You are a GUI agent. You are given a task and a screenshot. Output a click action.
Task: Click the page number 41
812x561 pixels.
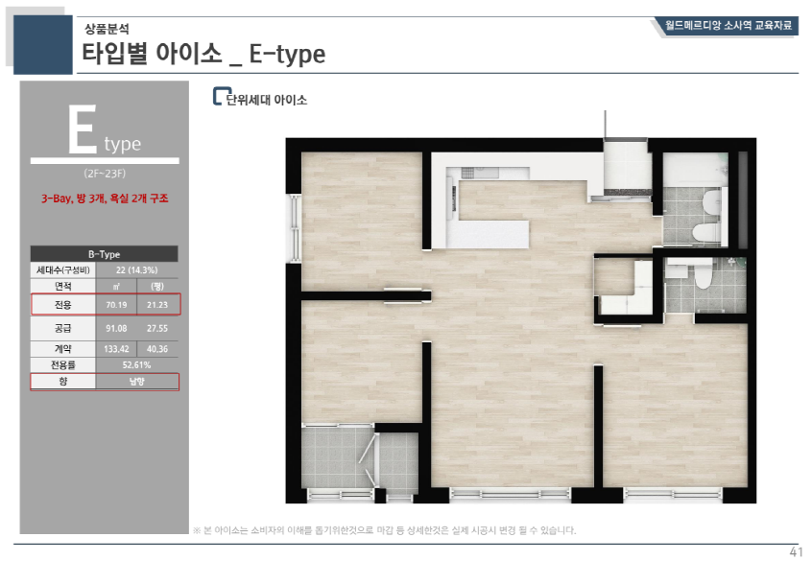[796, 551]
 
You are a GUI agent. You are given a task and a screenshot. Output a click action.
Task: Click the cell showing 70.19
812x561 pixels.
[116, 305]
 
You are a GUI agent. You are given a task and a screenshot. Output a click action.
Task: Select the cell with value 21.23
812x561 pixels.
[157, 305]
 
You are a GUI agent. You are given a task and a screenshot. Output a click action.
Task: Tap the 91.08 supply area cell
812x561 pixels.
[116, 328]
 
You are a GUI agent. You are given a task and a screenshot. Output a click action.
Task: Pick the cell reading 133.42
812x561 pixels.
[116, 349]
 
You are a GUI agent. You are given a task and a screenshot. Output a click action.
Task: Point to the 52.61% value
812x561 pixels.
[136, 364]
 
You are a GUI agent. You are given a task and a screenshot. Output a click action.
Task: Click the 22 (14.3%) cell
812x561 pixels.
[136, 270]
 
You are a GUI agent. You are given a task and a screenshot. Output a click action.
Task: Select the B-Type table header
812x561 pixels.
[104, 254]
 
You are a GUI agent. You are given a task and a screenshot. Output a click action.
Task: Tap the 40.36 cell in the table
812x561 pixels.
[157, 349]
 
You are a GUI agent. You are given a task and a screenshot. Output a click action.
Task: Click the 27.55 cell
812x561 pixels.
[157, 328]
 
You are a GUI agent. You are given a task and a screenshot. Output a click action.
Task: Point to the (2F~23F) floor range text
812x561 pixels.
[105, 174]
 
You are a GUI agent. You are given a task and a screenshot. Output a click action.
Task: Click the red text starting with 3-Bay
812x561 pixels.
[105, 199]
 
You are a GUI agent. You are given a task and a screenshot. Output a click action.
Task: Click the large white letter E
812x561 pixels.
[83, 129]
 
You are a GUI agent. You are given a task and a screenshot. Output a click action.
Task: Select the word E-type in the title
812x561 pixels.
[287, 54]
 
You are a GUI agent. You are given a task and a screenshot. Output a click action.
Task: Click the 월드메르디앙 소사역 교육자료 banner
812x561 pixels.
[728, 25]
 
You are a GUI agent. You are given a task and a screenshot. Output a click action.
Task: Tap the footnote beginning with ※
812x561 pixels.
[384, 530]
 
